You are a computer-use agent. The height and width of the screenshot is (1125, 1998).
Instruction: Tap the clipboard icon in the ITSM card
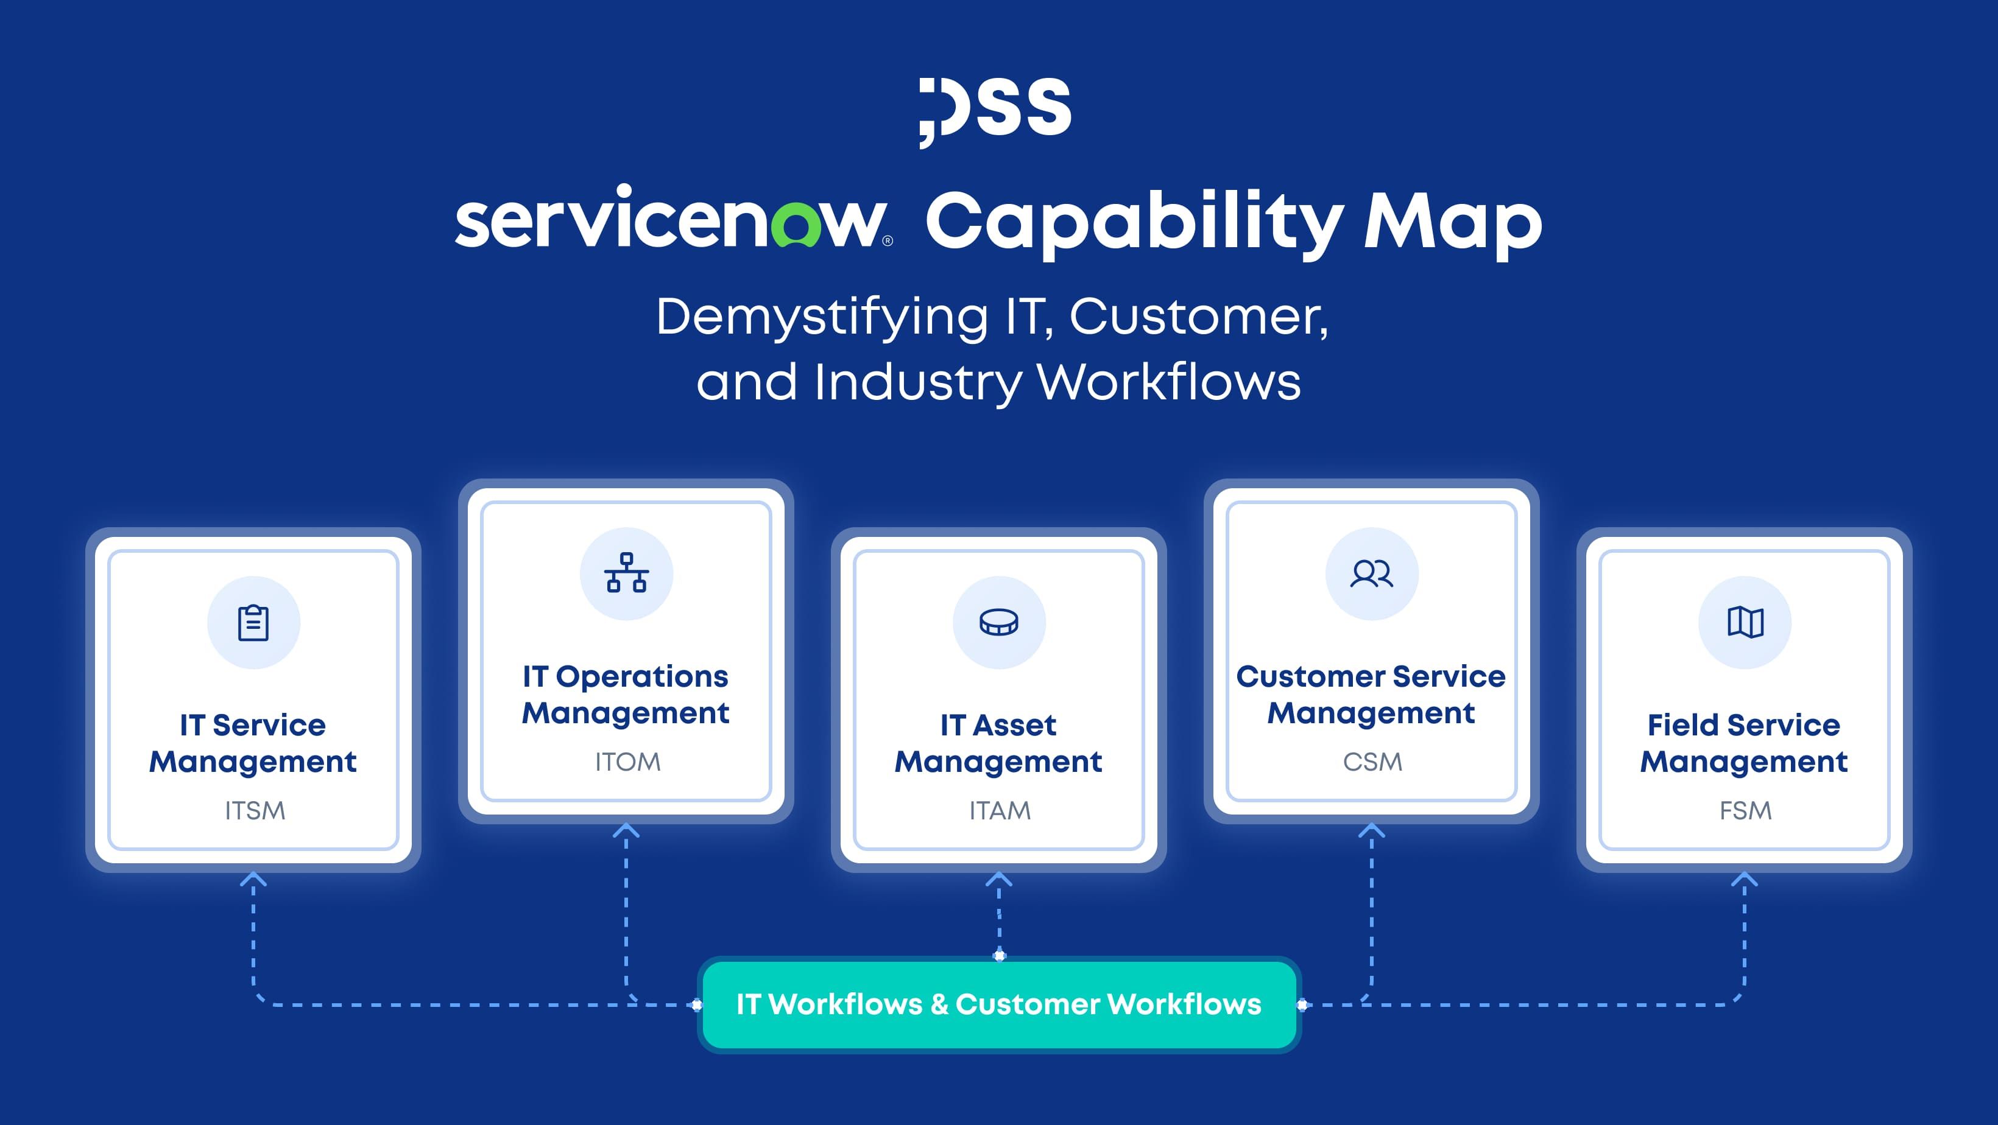[x=253, y=623]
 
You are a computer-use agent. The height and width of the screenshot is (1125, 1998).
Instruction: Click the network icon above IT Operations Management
[x=627, y=573]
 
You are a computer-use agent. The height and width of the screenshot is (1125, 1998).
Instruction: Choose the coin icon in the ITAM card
[x=999, y=622]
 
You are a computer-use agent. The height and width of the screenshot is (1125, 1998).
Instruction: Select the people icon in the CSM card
[x=1371, y=573]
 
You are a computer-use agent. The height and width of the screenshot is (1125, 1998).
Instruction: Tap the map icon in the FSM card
[x=1745, y=622]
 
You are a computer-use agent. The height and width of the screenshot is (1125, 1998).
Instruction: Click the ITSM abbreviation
[x=255, y=810]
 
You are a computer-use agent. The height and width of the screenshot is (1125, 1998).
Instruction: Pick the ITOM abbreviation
[x=627, y=762]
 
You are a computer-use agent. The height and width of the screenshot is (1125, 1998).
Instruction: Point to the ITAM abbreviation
[x=1000, y=810]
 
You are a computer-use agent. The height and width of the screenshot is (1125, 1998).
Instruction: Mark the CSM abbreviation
[x=1372, y=762]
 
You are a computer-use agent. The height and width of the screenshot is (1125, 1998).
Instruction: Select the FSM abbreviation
[x=1745, y=810]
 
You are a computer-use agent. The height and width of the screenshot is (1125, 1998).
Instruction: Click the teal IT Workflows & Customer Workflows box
[x=999, y=1005]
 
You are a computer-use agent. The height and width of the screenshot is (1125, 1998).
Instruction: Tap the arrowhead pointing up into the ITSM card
[x=253, y=878]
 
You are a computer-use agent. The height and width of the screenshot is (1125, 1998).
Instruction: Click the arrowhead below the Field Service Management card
[x=1745, y=878]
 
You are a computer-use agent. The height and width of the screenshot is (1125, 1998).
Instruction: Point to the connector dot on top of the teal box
[x=999, y=955]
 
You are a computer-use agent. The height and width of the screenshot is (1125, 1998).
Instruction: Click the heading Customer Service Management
[x=1371, y=695]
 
